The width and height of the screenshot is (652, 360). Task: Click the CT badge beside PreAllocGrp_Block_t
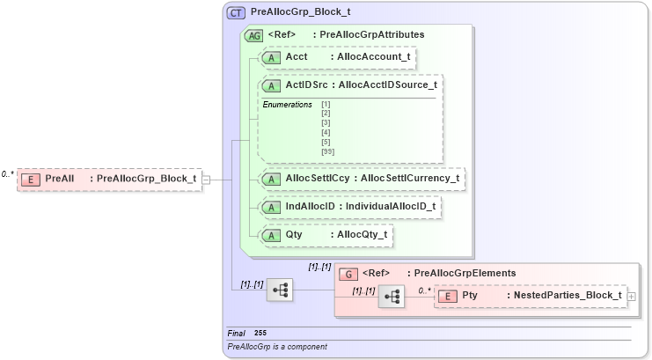(237, 12)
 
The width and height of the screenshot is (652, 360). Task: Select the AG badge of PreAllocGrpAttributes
(253, 35)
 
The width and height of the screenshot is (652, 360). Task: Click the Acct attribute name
(297, 57)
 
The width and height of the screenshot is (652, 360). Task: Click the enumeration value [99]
(327, 151)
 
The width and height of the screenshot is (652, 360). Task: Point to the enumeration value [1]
(326, 105)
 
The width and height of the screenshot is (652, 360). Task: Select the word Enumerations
(287, 105)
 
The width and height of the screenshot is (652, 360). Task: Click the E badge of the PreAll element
(31, 180)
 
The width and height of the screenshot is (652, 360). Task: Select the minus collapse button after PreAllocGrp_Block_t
(206, 180)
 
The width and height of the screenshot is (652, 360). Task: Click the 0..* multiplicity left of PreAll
(8, 173)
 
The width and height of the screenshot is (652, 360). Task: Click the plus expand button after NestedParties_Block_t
(631, 297)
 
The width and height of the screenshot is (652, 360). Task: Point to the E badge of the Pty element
(448, 296)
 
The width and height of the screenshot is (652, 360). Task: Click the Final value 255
(260, 333)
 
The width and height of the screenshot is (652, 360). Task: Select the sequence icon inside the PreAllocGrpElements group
(391, 298)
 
